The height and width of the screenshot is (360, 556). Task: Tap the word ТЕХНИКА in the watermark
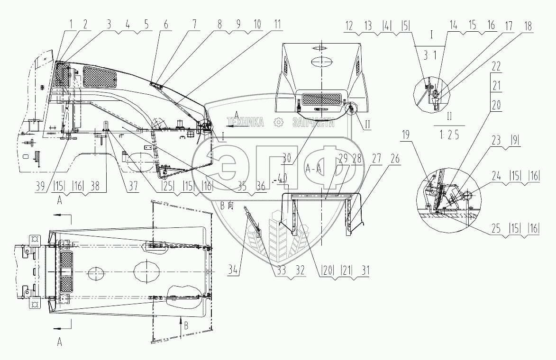point(246,123)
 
